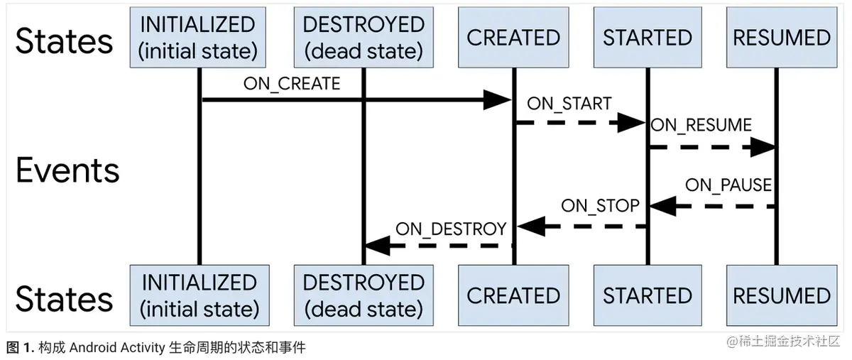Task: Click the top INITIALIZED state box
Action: (x=199, y=38)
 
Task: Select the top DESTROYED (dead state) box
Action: (x=364, y=38)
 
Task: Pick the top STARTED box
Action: (x=647, y=38)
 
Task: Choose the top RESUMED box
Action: (x=781, y=38)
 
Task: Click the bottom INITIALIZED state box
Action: (x=199, y=295)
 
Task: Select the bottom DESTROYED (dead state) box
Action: (x=364, y=295)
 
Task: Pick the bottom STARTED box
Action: (x=647, y=295)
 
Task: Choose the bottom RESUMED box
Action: (x=781, y=295)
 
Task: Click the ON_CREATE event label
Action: (x=292, y=84)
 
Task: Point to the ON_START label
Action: (x=569, y=104)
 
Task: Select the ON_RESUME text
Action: (x=701, y=126)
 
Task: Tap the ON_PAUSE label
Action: (x=728, y=185)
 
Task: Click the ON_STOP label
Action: (x=600, y=206)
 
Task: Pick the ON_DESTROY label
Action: (x=451, y=229)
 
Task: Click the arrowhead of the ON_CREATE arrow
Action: (x=497, y=100)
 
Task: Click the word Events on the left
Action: (x=67, y=171)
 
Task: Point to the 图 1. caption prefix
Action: (x=20, y=348)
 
